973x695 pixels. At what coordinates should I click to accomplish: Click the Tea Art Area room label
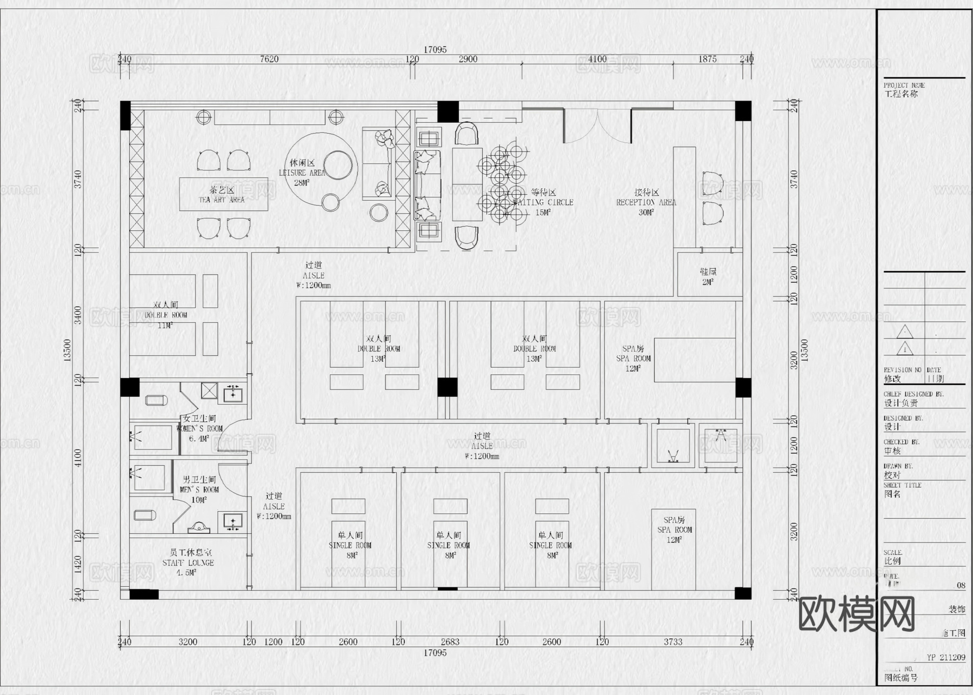(222, 195)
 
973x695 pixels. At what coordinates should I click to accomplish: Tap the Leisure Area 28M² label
(302, 173)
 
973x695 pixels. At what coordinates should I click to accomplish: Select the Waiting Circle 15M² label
(543, 202)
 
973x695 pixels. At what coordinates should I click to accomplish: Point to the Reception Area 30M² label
(646, 202)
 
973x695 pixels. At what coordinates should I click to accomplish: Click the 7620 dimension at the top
(269, 59)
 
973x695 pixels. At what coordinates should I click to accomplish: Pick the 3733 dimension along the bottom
(672, 642)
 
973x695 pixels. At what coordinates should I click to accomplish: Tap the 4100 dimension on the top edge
(597, 59)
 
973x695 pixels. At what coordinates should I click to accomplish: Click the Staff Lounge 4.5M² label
(188, 562)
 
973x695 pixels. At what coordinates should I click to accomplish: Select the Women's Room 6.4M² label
(199, 428)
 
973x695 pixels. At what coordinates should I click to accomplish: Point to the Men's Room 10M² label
(199, 489)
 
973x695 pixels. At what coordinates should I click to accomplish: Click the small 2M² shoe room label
(708, 277)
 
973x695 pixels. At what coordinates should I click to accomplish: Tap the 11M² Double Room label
(165, 315)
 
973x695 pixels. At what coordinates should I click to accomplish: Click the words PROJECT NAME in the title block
(904, 85)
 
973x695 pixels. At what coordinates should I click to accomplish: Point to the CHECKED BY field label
(901, 442)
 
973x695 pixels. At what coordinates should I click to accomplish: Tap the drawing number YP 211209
(945, 658)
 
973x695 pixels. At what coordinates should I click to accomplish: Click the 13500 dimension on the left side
(68, 350)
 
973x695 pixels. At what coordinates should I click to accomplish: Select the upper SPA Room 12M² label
(633, 358)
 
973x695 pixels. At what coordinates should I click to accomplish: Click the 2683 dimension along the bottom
(450, 642)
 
